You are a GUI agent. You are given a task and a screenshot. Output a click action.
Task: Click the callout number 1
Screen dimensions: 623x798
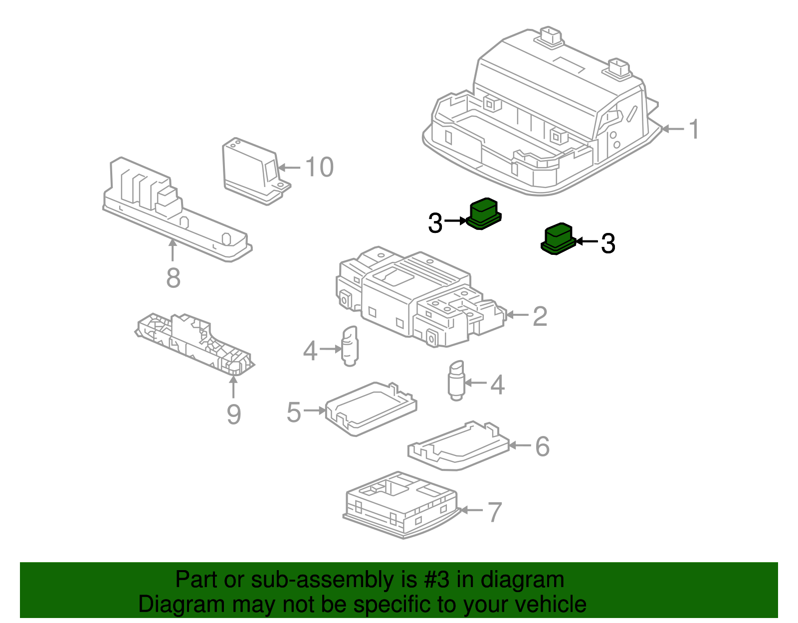[694, 129]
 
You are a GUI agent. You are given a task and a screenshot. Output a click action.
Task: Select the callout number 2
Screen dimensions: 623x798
[540, 316]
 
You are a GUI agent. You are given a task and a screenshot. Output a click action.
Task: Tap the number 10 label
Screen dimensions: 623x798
[319, 167]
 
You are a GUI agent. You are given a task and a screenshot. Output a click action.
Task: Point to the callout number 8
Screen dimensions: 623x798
[173, 278]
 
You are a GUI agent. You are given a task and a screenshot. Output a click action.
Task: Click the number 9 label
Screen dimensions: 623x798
[233, 415]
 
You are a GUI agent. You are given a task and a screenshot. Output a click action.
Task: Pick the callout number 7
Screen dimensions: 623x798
[494, 512]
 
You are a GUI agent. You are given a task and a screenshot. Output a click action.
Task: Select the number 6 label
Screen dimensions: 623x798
[542, 446]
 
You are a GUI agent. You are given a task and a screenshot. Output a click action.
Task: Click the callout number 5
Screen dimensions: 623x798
[294, 413]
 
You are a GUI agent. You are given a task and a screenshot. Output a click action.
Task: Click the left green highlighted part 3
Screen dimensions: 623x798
[484, 213]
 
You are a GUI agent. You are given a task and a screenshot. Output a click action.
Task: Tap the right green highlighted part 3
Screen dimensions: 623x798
[558, 239]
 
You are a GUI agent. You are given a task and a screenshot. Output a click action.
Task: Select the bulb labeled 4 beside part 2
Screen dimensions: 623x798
[350, 346]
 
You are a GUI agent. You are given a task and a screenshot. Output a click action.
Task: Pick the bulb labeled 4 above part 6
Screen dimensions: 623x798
[456, 381]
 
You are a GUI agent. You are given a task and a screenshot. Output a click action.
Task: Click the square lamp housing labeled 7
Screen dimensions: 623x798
[399, 504]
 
